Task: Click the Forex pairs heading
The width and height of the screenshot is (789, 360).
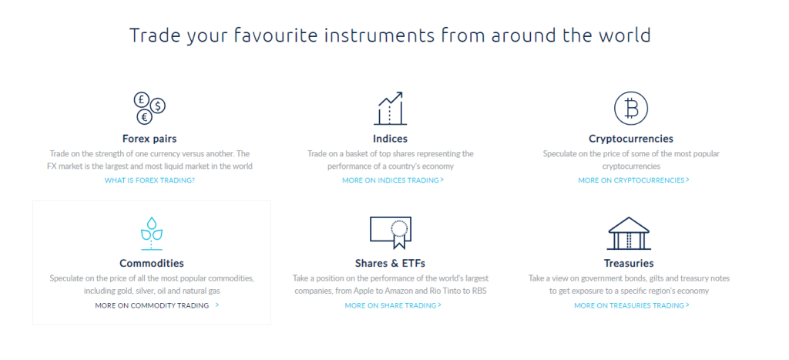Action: [x=149, y=139]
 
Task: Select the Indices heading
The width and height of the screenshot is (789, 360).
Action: [x=390, y=139]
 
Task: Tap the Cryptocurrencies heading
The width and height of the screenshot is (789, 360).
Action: [x=631, y=139]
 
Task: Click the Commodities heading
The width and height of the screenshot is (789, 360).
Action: [x=152, y=264]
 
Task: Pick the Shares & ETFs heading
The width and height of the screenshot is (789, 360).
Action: [x=391, y=264]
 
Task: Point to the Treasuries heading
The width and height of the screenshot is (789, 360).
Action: [x=629, y=264]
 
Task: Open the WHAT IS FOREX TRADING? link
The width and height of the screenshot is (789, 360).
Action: [x=149, y=180]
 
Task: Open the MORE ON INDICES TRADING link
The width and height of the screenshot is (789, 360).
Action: [x=392, y=180]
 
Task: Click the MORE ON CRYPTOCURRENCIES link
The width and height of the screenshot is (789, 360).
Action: [x=633, y=180]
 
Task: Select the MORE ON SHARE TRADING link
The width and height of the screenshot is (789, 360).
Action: [x=392, y=305]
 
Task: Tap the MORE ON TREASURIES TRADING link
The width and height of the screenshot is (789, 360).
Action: [x=631, y=305]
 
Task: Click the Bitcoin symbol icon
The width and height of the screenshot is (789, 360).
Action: [x=631, y=109]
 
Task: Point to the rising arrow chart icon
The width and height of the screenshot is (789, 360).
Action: [x=391, y=109]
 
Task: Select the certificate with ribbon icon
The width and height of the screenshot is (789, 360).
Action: [x=392, y=231]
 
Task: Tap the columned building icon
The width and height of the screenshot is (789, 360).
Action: [x=630, y=233]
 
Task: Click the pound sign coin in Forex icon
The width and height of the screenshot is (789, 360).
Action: [x=142, y=99]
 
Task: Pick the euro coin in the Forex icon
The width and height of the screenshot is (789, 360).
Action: [x=144, y=117]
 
